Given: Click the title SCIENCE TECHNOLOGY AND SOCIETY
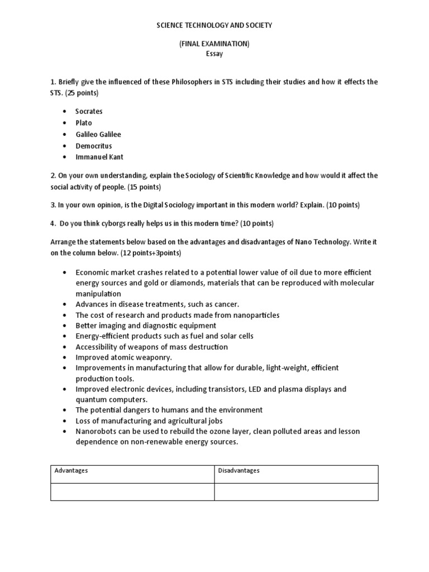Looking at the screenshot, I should (x=214, y=26).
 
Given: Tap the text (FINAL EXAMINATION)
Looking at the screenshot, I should (x=214, y=44).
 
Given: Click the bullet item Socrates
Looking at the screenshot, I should (x=89, y=111).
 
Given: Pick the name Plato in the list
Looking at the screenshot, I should (x=84, y=123).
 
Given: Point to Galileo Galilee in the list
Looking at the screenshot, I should (x=98, y=135).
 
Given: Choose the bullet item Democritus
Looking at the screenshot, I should (x=94, y=146).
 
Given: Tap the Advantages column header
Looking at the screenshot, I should (x=71, y=471).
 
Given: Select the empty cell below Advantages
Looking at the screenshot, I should (x=132, y=492).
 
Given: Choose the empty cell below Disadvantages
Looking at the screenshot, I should (x=297, y=492).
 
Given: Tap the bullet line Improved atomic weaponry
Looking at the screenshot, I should (x=124, y=357).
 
